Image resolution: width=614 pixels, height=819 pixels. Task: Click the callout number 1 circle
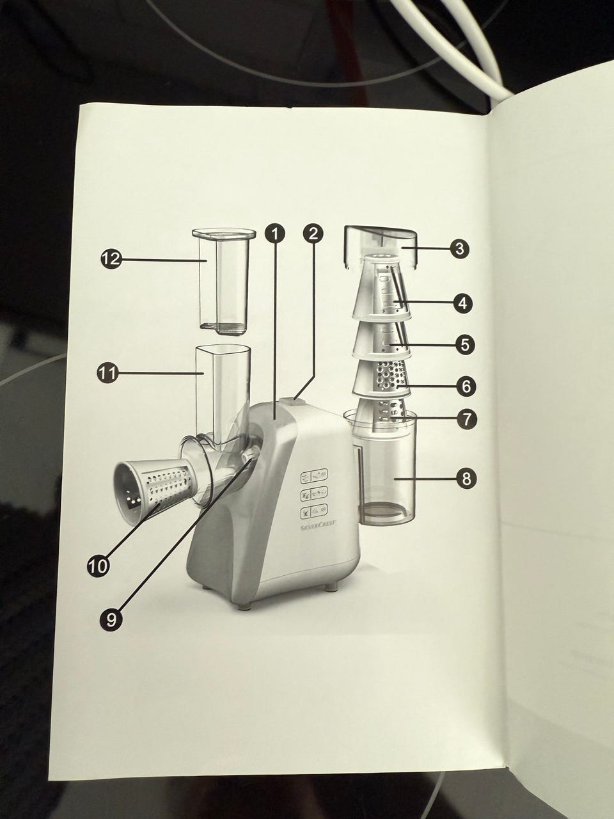(275, 234)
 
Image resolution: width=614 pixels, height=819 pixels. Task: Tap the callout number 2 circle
(313, 234)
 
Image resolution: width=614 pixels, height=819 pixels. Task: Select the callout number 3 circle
(459, 248)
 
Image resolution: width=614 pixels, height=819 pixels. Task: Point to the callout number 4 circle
(462, 303)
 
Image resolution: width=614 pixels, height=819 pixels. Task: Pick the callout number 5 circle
(464, 344)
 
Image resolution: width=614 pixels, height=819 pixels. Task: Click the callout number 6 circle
(466, 386)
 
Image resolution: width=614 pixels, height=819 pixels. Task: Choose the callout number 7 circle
(467, 420)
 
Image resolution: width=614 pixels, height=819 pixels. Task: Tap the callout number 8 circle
(467, 478)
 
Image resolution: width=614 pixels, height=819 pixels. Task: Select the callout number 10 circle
(98, 567)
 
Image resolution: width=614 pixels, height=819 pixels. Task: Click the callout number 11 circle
(107, 373)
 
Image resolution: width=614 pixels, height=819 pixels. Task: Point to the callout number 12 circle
(111, 259)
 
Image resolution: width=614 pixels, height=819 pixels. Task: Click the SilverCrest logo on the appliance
(318, 523)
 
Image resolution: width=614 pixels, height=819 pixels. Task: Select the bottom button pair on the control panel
(314, 511)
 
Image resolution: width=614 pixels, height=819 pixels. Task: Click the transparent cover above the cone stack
(380, 246)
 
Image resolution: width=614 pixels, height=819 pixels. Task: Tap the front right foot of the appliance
(329, 586)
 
